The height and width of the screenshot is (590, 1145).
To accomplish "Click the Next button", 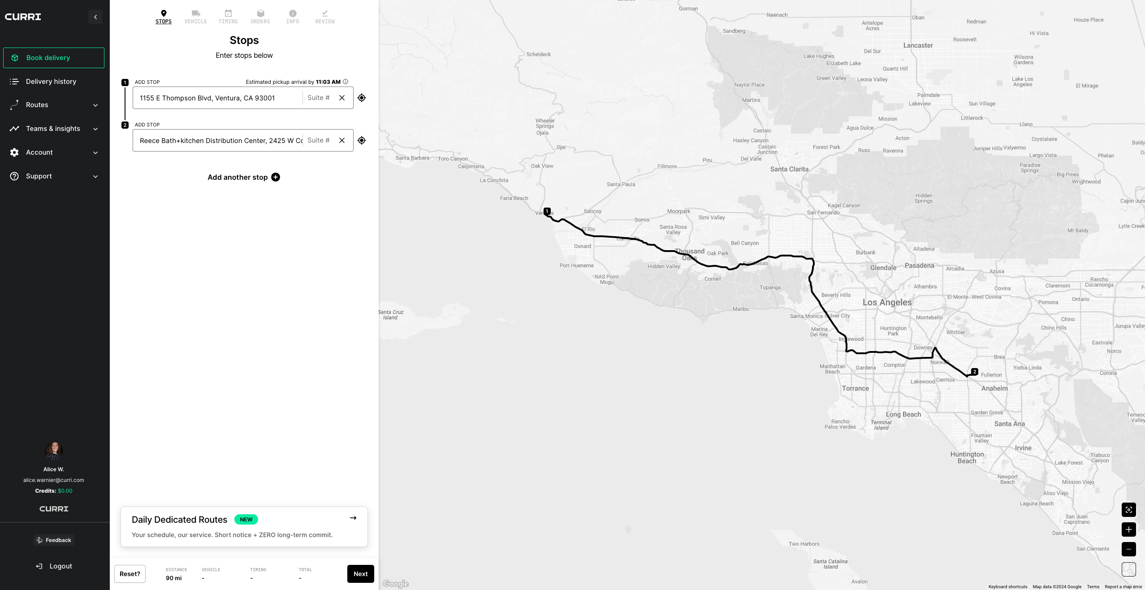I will (x=360, y=574).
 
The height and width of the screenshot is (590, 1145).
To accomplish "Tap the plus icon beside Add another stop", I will (x=276, y=177).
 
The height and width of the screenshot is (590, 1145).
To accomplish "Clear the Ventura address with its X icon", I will (x=342, y=98).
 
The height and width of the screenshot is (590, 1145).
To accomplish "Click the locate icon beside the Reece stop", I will (x=362, y=140).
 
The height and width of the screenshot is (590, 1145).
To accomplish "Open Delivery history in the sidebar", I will (x=51, y=82).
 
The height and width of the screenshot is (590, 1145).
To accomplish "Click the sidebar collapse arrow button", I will (x=95, y=17).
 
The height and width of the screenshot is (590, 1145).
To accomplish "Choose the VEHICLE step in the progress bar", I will (x=196, y=17).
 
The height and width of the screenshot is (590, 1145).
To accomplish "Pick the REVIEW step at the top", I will (x=325, y=17).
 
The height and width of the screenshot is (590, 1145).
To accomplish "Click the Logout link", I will (x=54, y=566).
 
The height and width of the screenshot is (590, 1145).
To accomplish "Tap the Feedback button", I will (x=54, y=540).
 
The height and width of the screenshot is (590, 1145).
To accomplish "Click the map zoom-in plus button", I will (x=1128, y=529).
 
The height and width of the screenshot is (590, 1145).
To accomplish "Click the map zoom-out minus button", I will (x=1128, y=549).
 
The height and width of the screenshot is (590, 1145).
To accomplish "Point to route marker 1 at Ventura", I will (x=547, y=211).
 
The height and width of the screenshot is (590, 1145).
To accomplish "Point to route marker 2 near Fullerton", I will (x=974, y=372).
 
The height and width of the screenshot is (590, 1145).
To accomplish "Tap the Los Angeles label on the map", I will (x=887, y=303).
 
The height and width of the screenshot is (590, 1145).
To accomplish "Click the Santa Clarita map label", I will (x=789, y=169).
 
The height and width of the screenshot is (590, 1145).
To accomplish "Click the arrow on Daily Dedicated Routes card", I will (x=353, y=518).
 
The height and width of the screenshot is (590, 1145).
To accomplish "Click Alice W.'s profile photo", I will (x=54, y=451).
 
